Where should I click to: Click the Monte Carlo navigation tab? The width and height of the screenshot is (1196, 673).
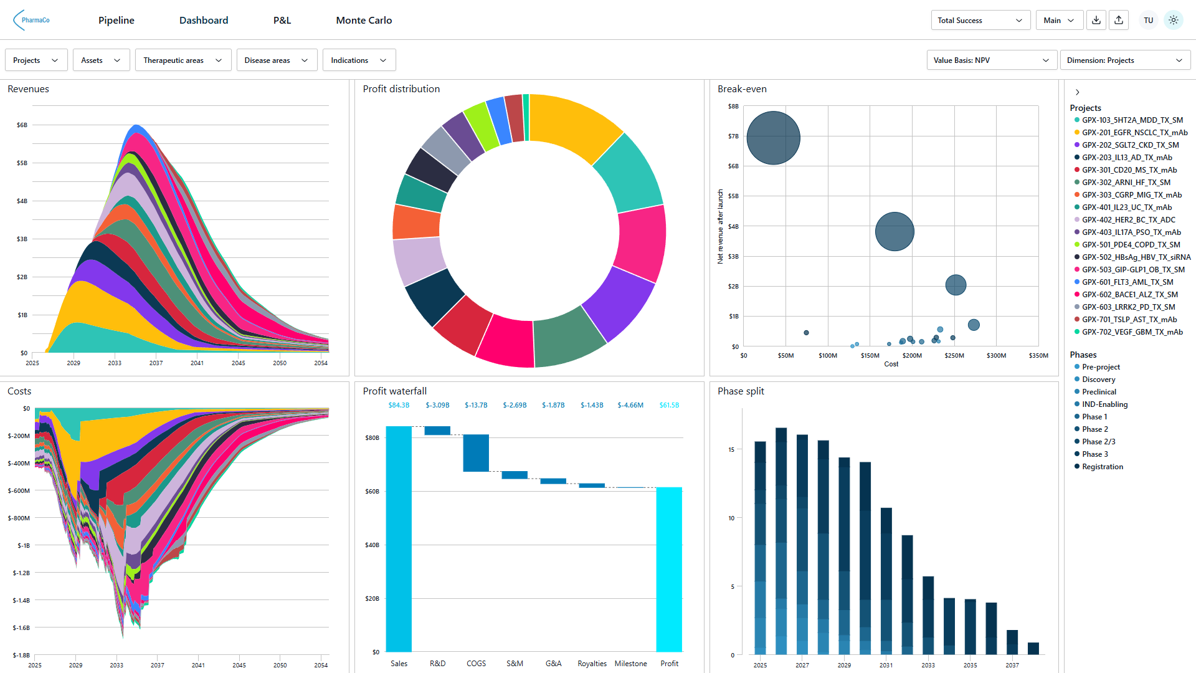364,21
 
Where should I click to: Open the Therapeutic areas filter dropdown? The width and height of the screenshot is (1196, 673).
183,60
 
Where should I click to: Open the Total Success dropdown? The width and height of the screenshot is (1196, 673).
980,21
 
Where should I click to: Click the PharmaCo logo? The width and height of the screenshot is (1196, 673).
32,20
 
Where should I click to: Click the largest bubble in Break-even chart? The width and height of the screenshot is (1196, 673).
773,138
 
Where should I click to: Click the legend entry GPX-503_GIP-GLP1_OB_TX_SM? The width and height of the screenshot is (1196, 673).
1133,270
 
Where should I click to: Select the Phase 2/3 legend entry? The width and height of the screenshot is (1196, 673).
1098,442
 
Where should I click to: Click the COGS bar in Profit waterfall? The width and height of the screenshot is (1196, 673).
476,452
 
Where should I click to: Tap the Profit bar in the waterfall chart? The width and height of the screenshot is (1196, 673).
669,568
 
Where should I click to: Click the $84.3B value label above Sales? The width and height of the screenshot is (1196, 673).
399,405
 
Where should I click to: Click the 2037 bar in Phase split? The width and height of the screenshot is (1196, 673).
1012,642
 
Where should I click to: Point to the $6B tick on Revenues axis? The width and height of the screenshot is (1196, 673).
22,125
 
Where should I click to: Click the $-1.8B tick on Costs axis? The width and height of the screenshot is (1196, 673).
21,655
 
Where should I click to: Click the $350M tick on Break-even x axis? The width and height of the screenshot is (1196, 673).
1038,356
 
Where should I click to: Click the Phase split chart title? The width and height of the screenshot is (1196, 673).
740,391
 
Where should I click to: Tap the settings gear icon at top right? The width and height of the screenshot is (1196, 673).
1173,21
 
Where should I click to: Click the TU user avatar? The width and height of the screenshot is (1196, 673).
1148,21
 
